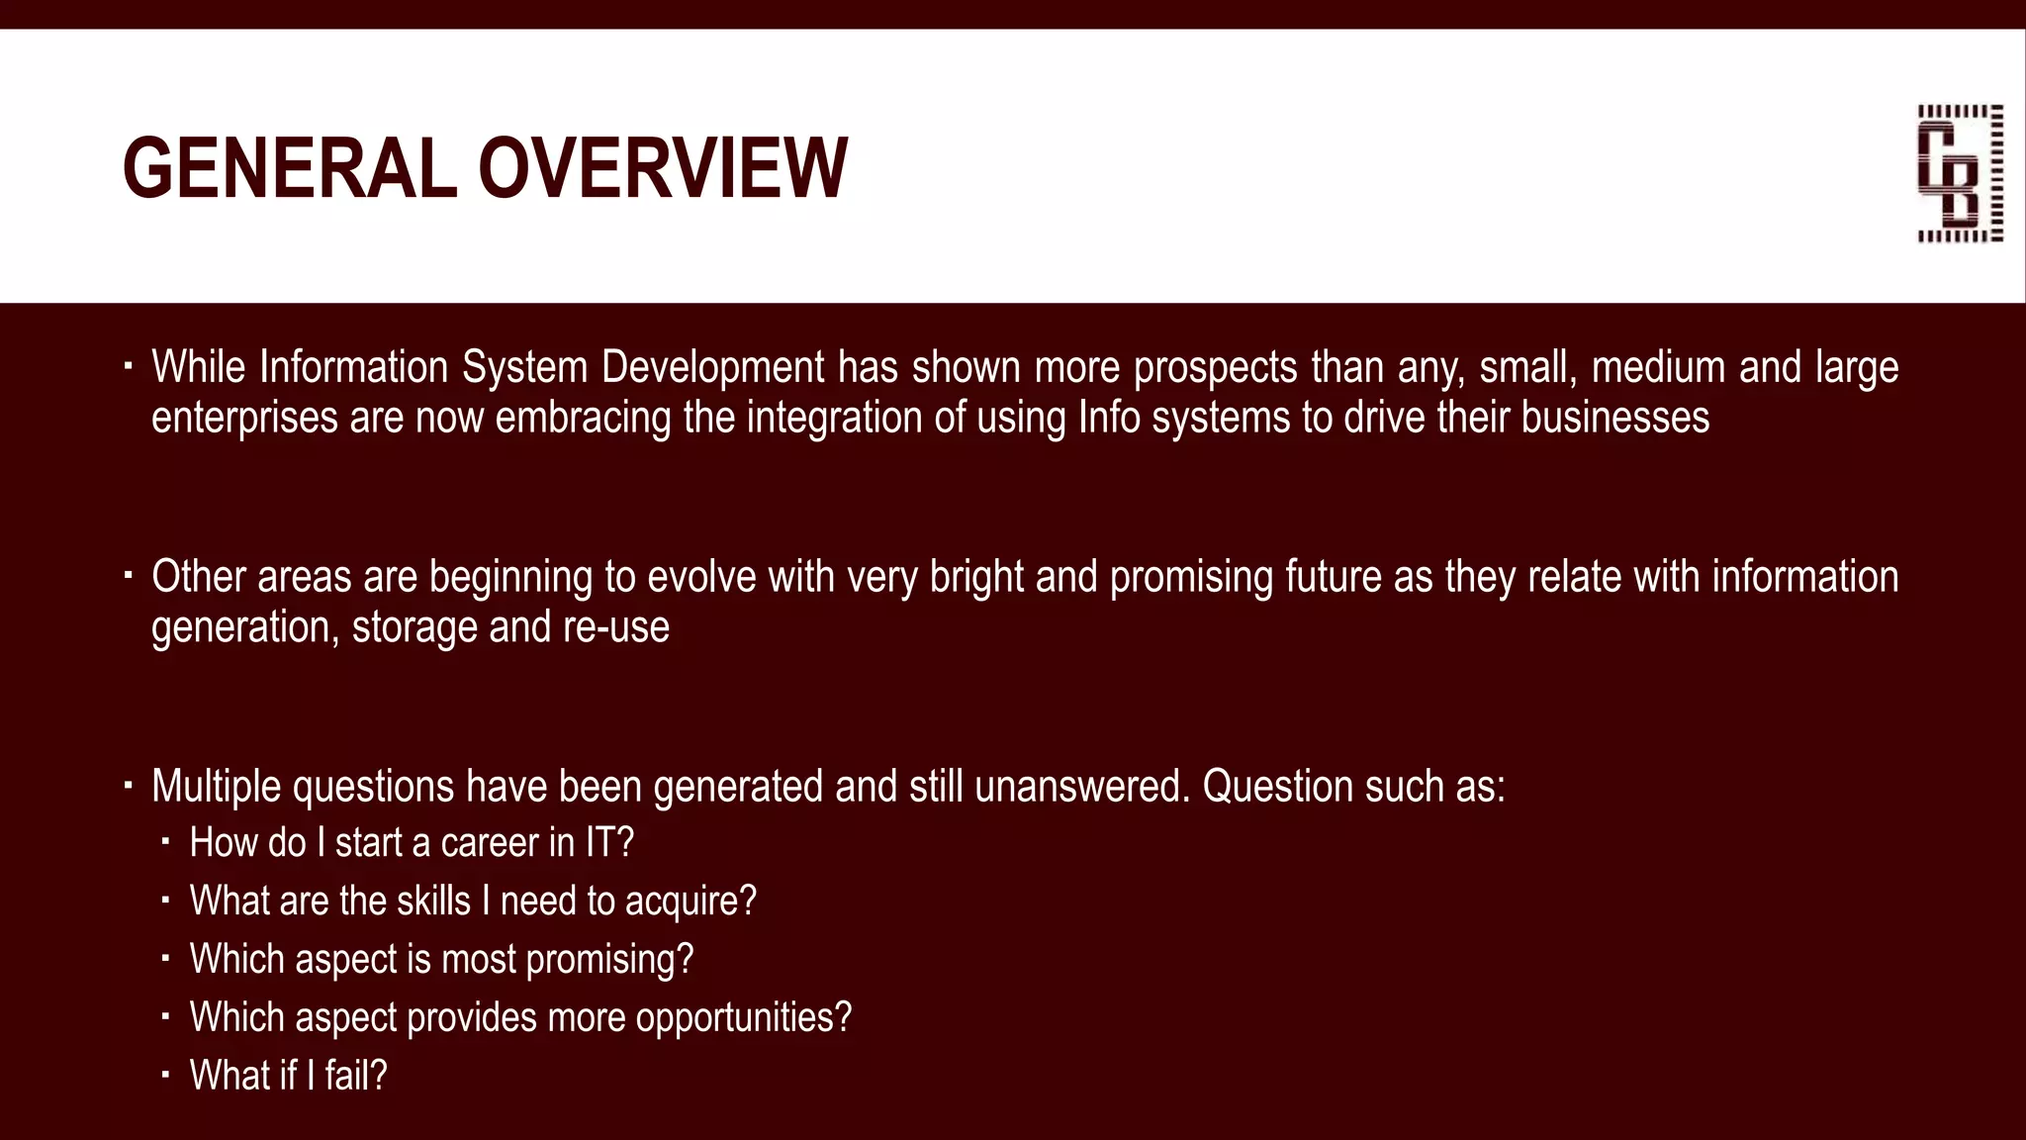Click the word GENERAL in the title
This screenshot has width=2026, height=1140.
pos(289,168)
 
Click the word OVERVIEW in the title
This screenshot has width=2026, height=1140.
pos(663,168)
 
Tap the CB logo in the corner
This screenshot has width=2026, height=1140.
pos(1960,173)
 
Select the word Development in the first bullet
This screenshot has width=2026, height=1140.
pos(712,368)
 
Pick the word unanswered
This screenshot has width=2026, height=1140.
pos(1081,788)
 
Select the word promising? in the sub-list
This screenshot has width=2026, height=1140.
pos(609,960)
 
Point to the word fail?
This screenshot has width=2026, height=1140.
pos(356,1076)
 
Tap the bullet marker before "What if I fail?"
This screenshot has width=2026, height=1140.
pos(166,1074)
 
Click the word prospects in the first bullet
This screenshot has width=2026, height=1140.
pos(1215,368)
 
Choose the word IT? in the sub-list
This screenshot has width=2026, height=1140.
pos(609,843)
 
